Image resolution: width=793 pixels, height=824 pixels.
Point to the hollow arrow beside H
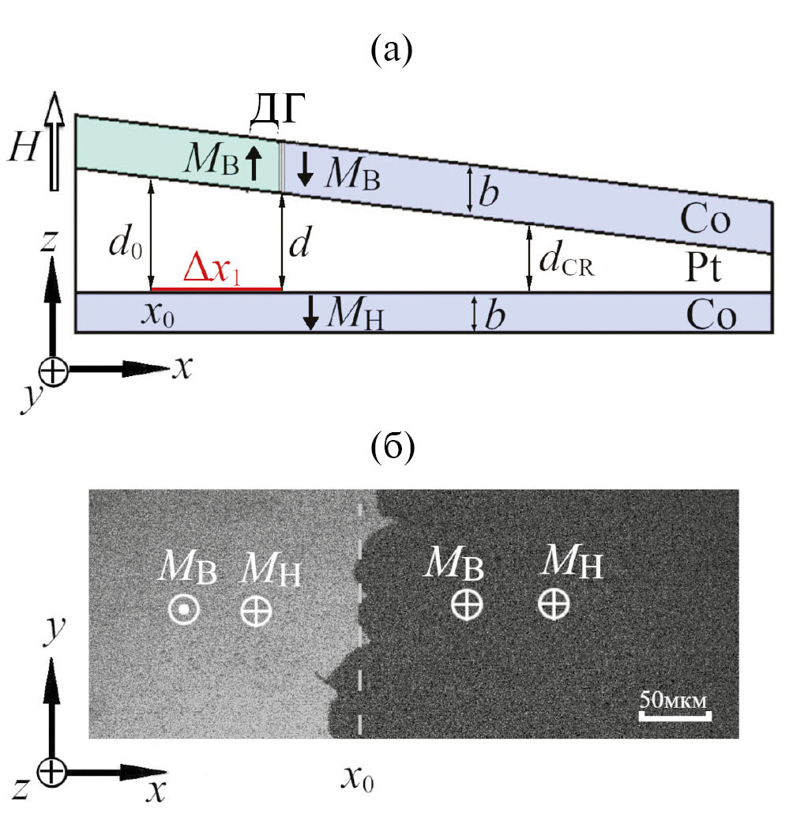[54, 142]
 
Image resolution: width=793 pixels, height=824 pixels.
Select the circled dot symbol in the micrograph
[183, 609]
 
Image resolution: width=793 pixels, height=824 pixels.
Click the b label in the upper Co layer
[490, 190]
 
